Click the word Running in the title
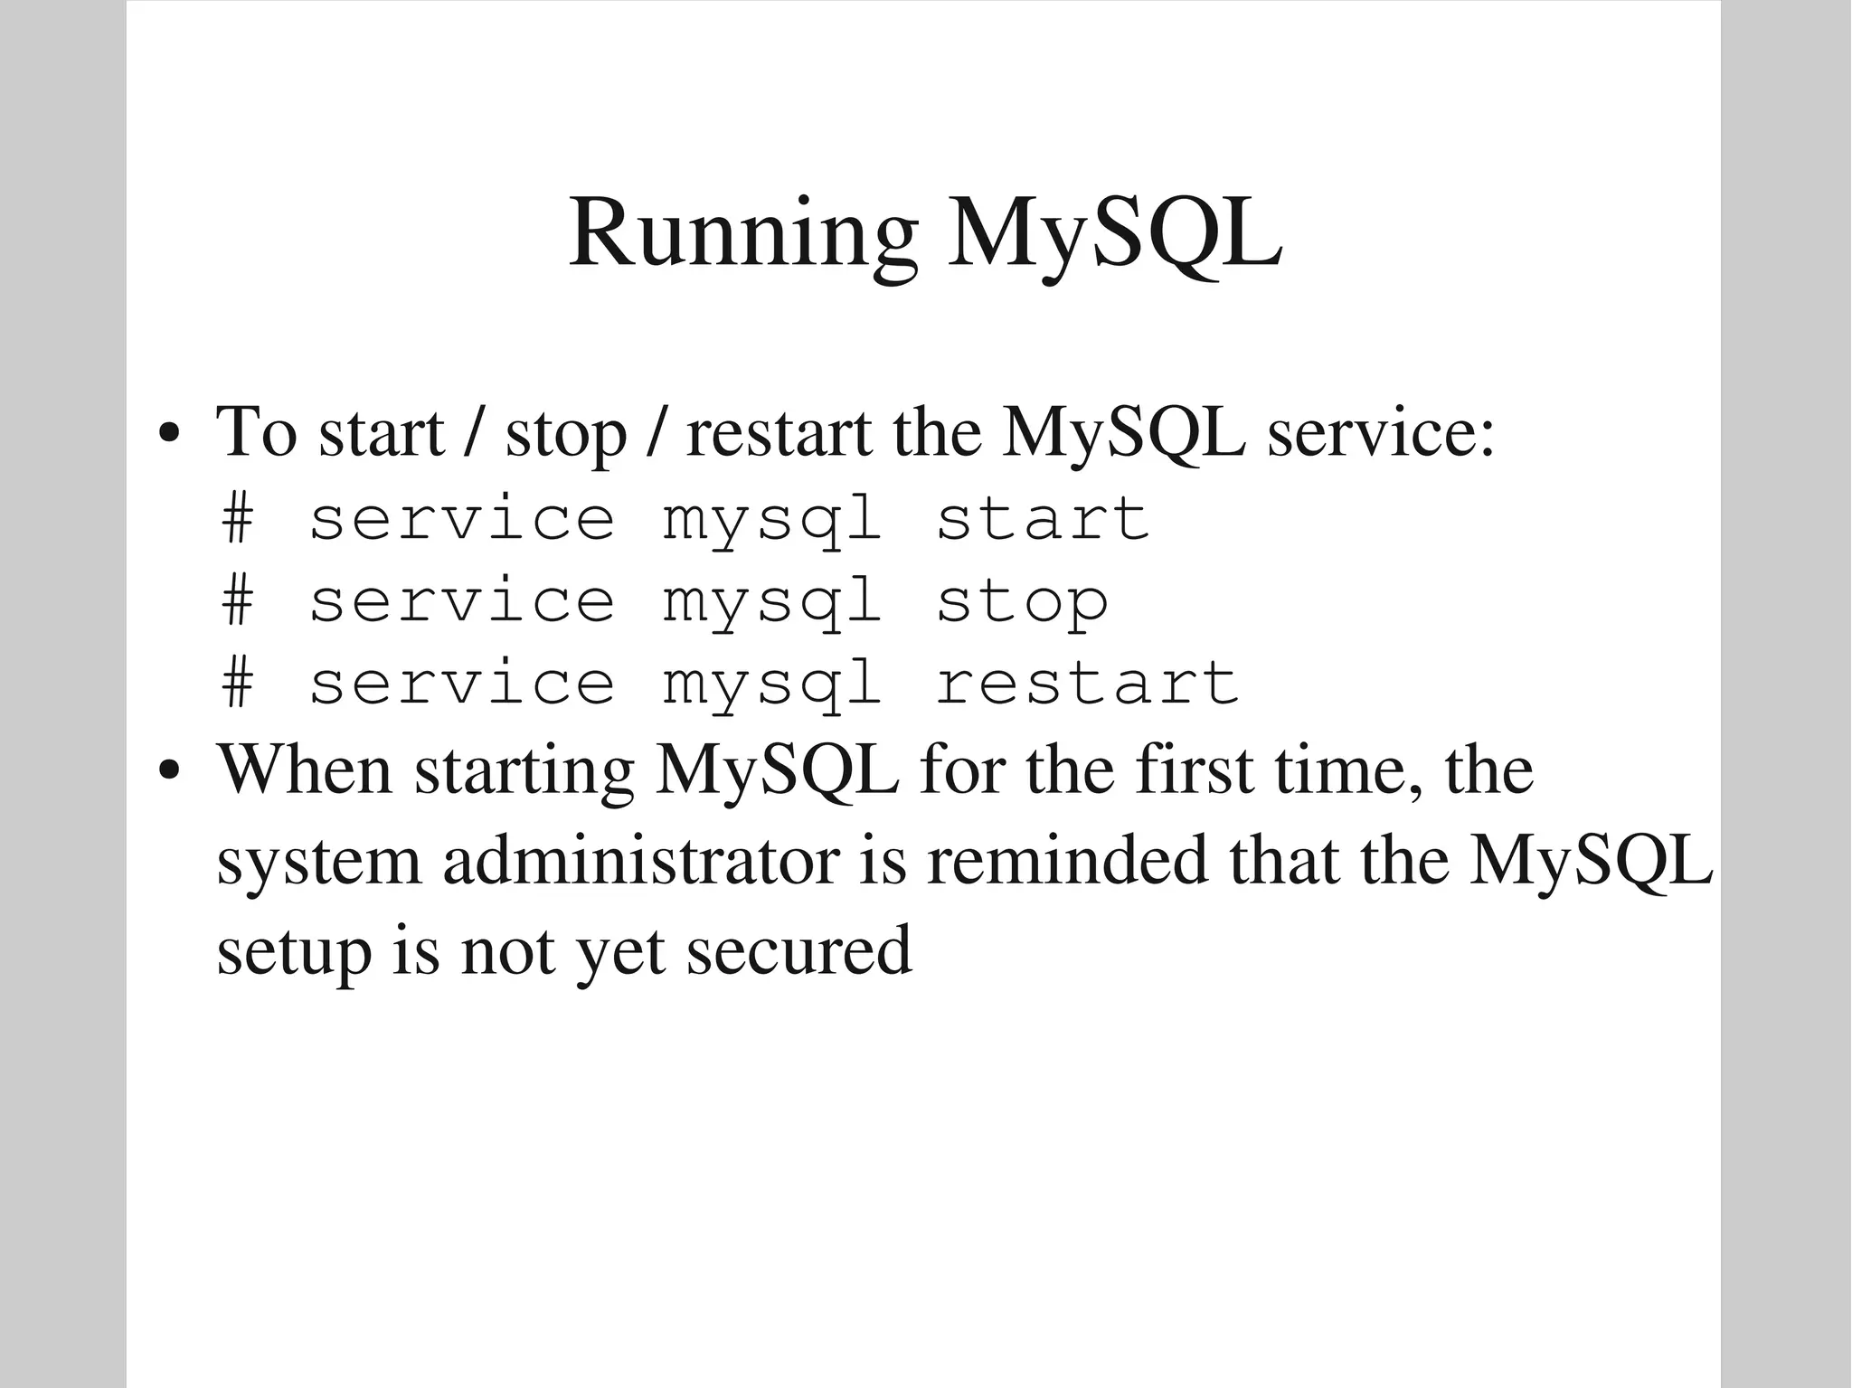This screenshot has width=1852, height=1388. coord(742,235)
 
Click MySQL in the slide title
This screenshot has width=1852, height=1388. coord(1114,235)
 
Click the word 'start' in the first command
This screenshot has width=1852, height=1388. coord(1042,519)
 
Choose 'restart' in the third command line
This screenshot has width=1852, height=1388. coord(1086,683)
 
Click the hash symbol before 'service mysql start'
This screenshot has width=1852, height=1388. coord(237,519)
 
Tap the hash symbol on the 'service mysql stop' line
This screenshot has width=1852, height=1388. coord(237,601)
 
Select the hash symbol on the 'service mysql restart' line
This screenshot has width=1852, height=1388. coord(237,683)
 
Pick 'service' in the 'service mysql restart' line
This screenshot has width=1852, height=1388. coord(462,683)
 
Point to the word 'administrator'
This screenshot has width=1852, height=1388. coord(641,861)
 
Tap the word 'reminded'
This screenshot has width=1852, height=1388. coord(1067,861)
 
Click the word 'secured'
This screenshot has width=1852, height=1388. coord(798,951)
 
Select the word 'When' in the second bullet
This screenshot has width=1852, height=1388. coord(305,770)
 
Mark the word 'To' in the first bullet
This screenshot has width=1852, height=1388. coord(256,432)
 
